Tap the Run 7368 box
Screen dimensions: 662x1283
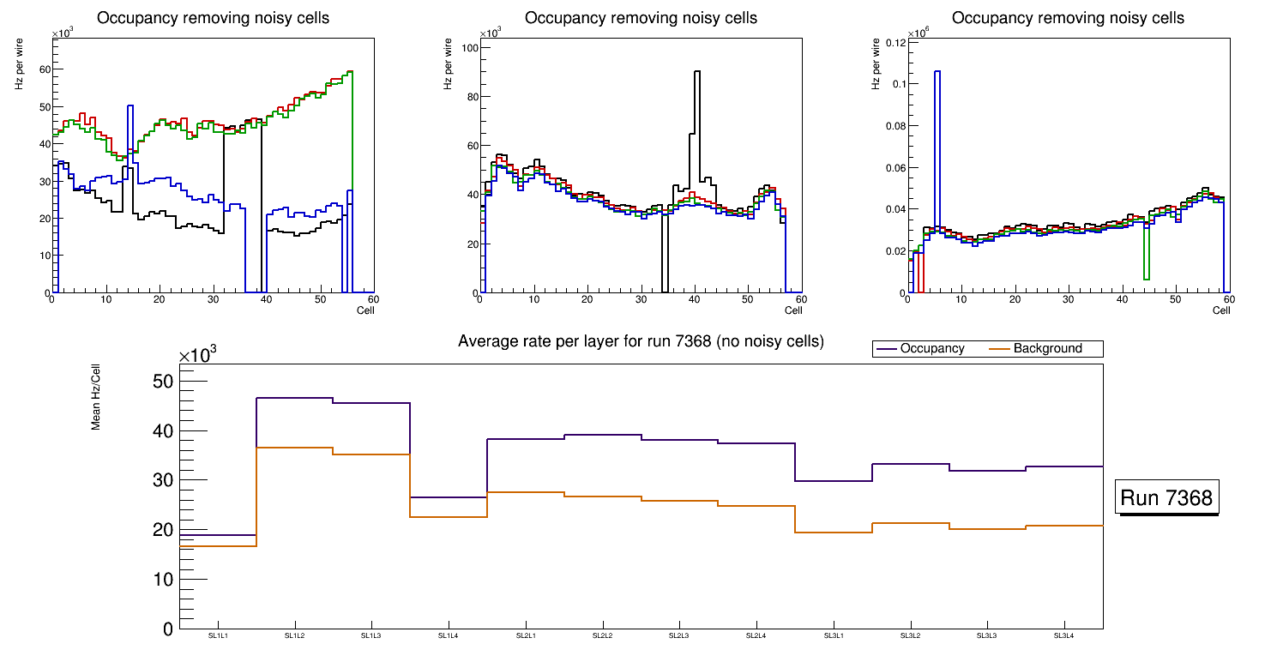point(1166,497)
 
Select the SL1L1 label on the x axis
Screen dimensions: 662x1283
point(218,636)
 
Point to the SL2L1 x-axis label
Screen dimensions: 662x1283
point(526,636)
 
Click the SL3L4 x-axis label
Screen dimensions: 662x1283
point(1064,636)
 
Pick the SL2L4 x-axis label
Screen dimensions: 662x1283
point(756,636)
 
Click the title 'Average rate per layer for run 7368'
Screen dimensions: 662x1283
point(641,341)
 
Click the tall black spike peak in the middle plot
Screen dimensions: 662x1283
point(697,72)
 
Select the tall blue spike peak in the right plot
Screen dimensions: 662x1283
point(937,72)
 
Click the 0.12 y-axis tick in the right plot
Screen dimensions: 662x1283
point(894,42)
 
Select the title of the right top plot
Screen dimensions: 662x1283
point(1068,18)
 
